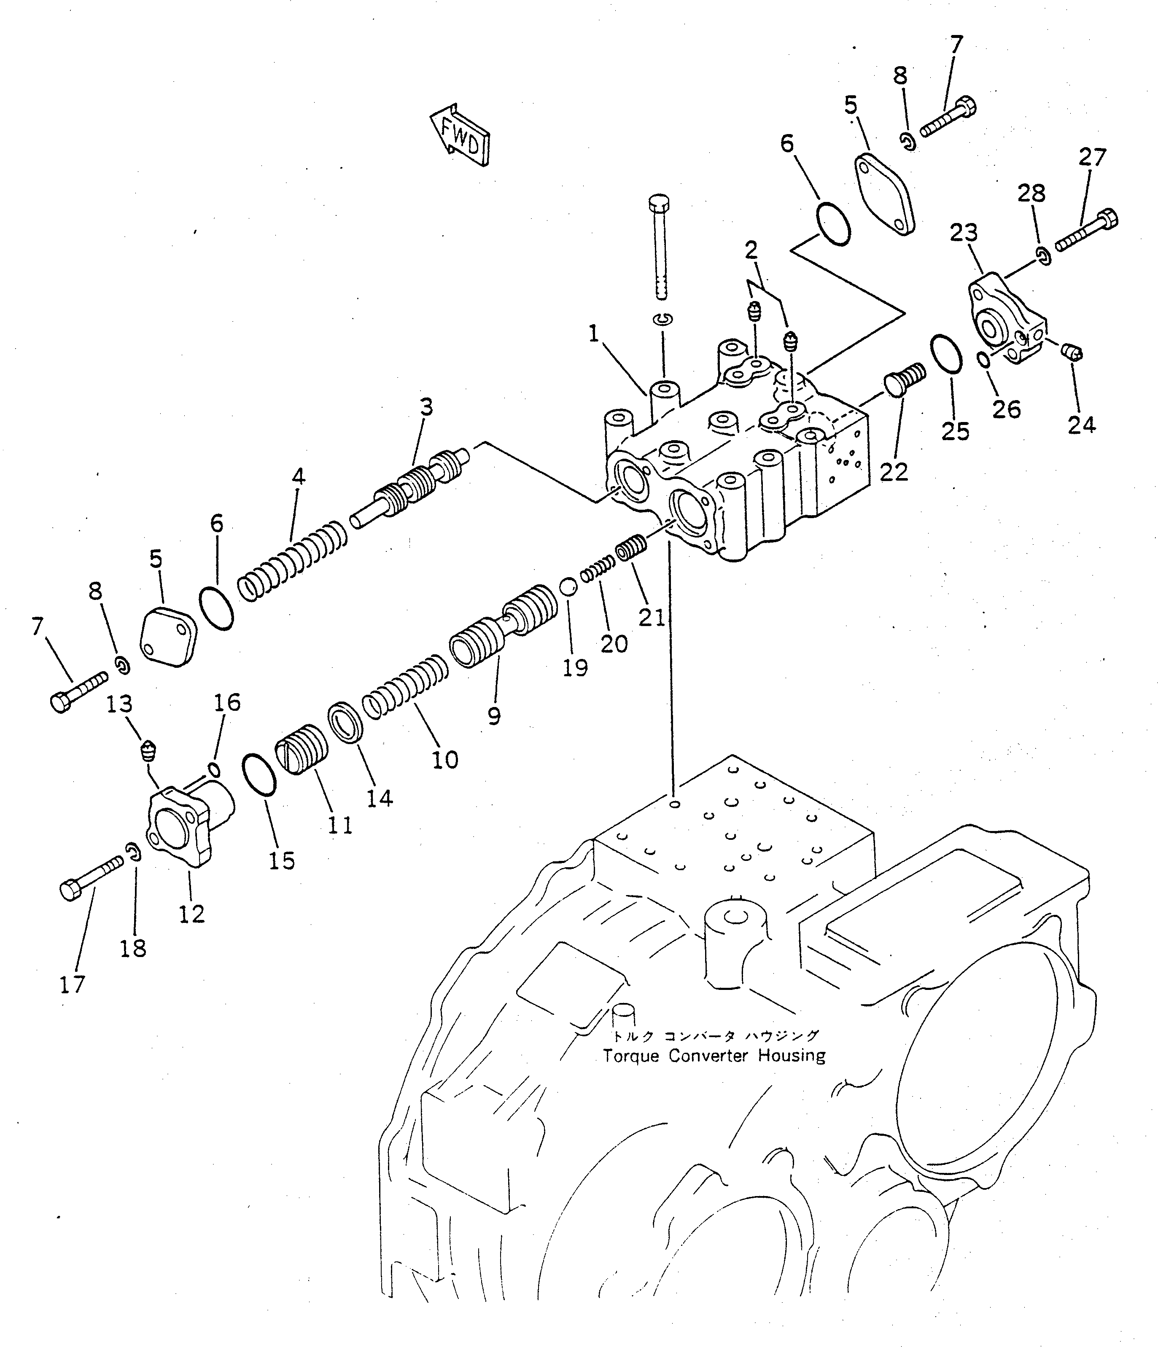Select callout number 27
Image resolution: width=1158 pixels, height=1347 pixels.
click(1092, 157)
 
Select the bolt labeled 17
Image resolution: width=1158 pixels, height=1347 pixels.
click(92, 877)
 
